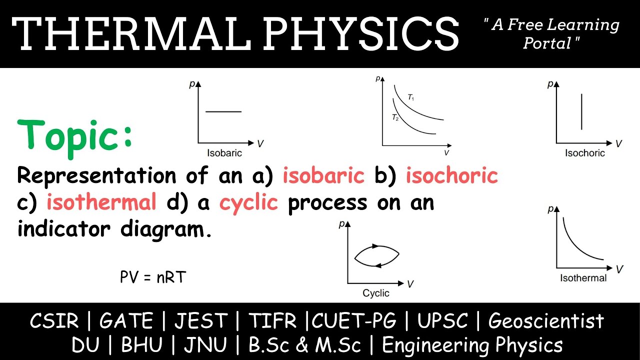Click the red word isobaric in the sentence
point(323,176)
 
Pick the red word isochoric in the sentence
point(452,176)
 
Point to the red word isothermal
point(102,203)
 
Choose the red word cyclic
point(248,203)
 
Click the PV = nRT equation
point(152,276)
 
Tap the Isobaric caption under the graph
point(224,153)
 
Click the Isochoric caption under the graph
point(584,153)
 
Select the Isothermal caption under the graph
point(583,278)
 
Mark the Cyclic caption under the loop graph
point(376,293)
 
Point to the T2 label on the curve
point(395,118)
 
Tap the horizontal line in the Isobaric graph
point(223,111)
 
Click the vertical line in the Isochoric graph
point(581,111)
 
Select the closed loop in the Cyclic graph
point(376,256)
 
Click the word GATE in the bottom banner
point(126,321)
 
